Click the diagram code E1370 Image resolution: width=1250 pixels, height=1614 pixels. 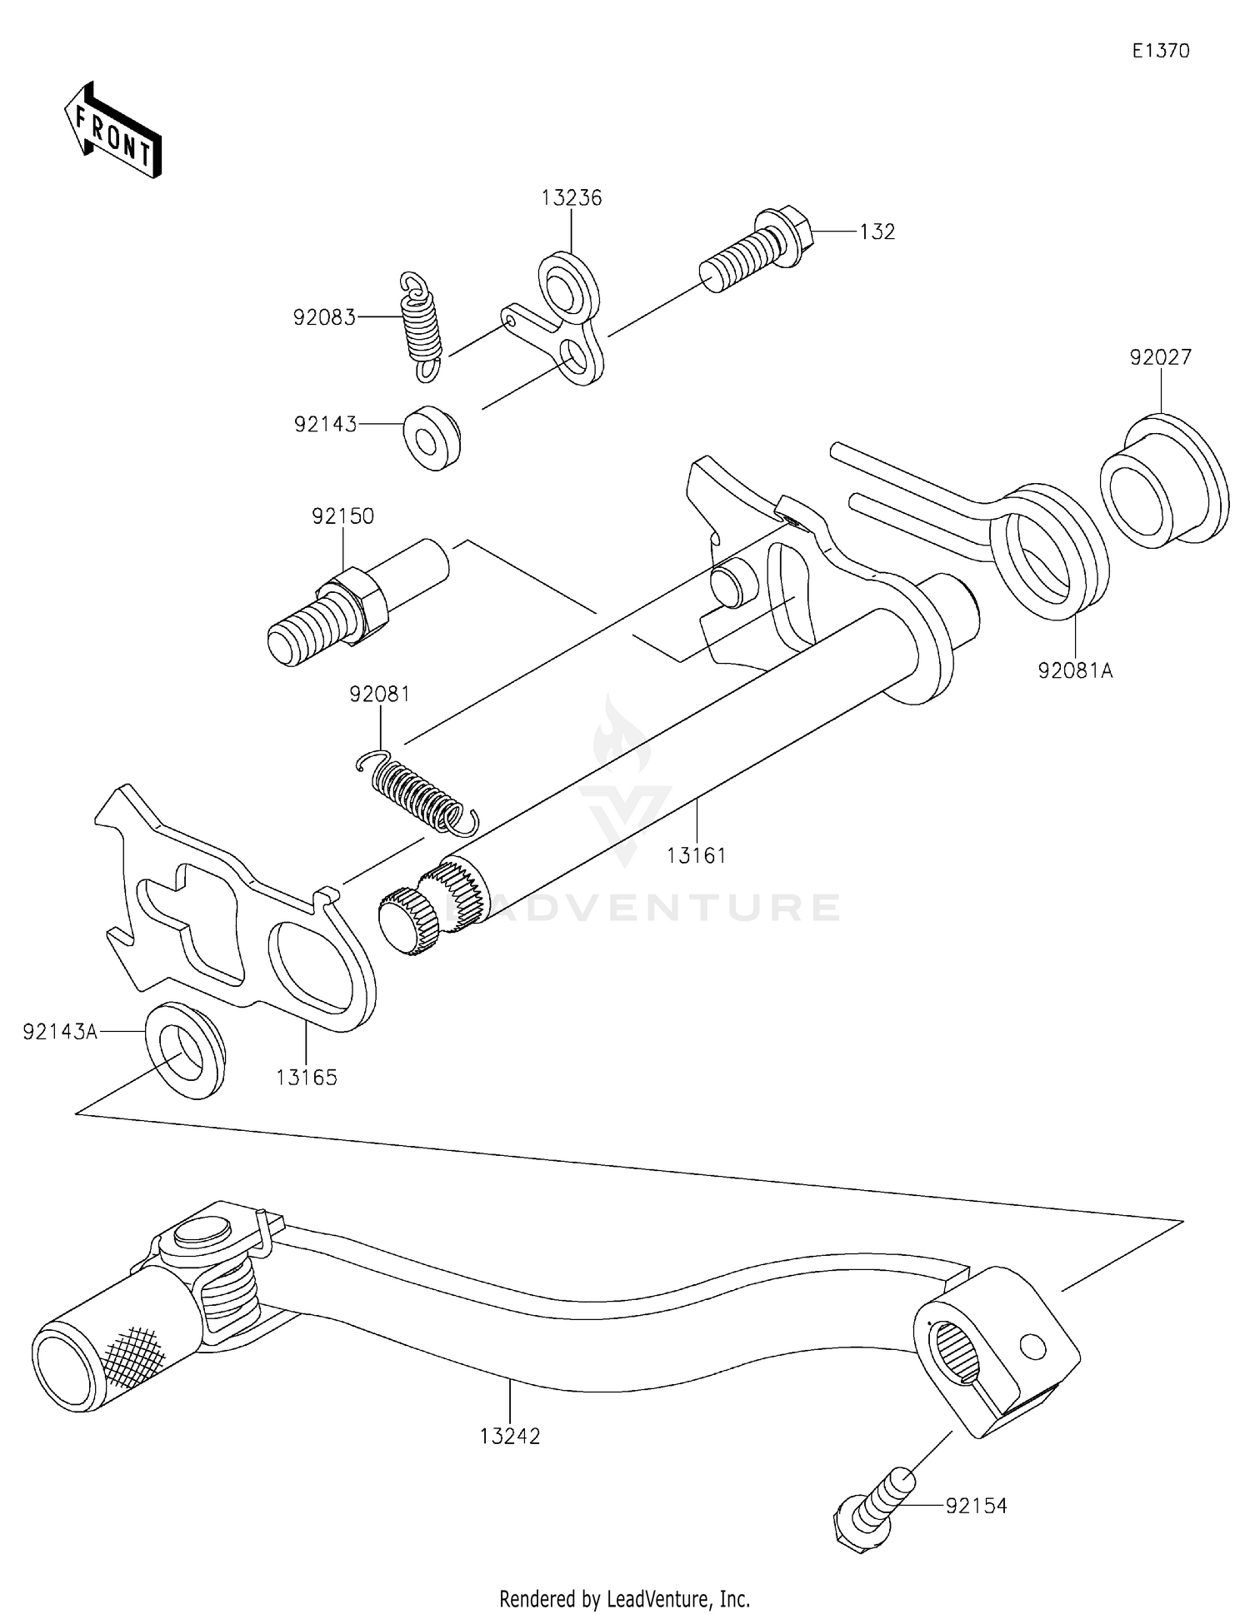pyautogui.click(x=1160, y=51)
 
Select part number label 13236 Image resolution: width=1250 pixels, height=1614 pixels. pyautogui.click(x=571, y=198)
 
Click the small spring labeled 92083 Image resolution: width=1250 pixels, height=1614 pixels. pyautogui.click(x=421, y=327)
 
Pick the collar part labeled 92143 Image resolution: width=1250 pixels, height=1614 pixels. pyautogui.click(x=432, y=438)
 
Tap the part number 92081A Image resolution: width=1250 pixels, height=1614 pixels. pyautogui.click(x=1075, y=670)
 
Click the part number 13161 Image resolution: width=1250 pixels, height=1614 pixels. pyautogui.click(x=696, y=855)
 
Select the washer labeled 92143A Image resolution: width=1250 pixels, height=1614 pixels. pyautogui.click(x=184, y=1050)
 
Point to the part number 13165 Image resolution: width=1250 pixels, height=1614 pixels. pyautogui.click(x=307, y=1078)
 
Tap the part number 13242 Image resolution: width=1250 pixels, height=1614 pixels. pyautogui.click(x=510, y=1436)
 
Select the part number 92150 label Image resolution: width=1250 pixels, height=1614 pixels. pyautogui.click(x=342, y=516)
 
